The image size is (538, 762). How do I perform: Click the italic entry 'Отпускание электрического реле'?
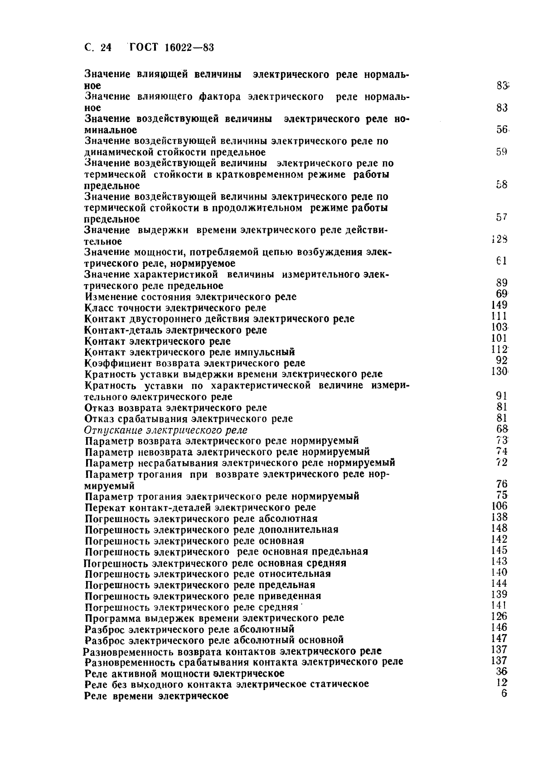pos(166,430)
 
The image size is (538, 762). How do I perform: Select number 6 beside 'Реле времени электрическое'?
pos(504,694)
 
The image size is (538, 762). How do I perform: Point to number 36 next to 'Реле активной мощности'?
pos(501,672)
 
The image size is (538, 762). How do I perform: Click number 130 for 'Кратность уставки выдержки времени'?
pos(499,371)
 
